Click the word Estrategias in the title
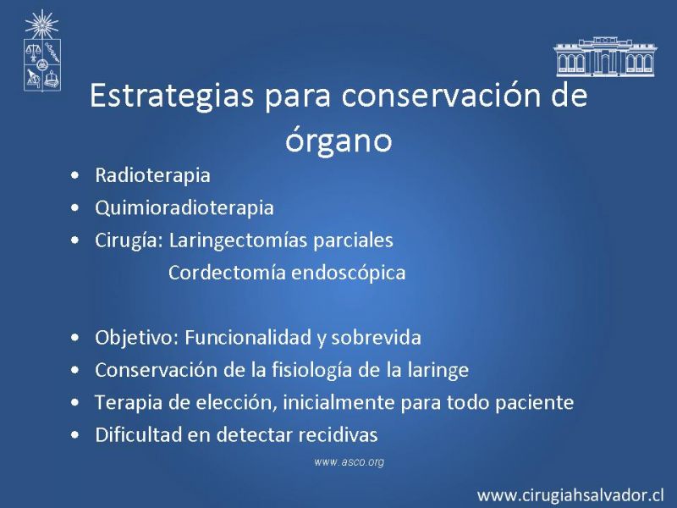pos(172,97)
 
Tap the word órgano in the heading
pos(338,140)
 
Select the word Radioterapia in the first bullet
pos(152,175)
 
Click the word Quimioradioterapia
pos(184,207)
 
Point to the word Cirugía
pos(129,240)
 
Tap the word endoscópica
pos(349,273)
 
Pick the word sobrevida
pos(376,337)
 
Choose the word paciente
pos(535,403)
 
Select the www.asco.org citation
pos(350,461)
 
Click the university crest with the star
pos(41,51)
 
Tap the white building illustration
pos(605,56)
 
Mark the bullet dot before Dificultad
pos(75,435)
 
